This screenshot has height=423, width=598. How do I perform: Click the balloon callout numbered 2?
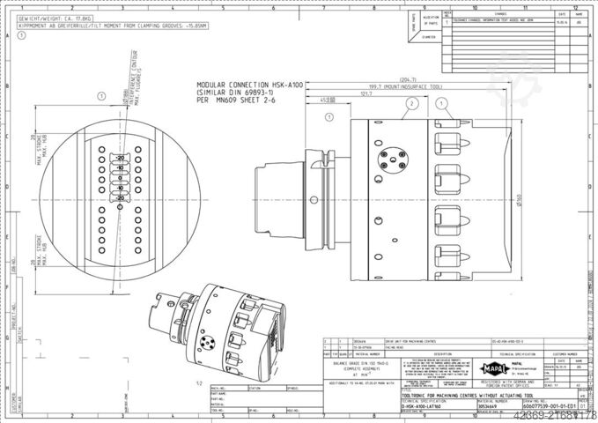tap(410, 103)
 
